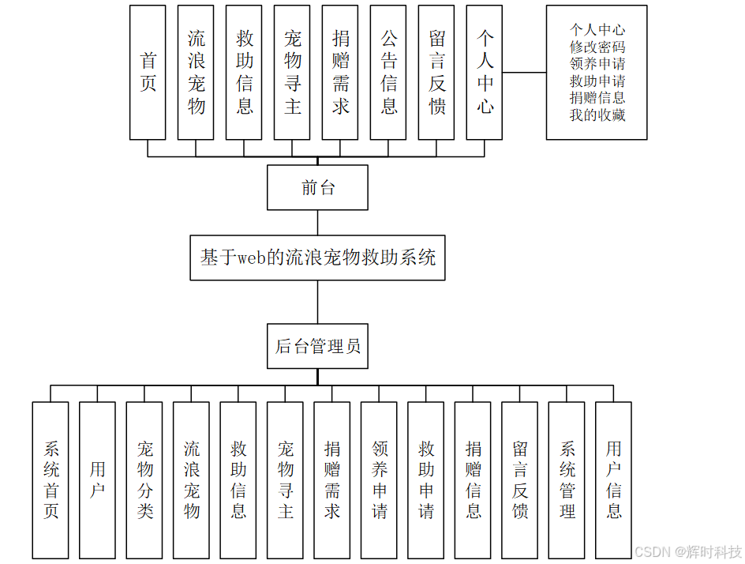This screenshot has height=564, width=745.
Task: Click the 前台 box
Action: tap(317, 187)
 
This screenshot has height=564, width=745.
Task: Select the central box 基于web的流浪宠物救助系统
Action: tap(317, 257)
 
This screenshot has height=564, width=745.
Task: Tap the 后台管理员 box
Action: tap(317, 346)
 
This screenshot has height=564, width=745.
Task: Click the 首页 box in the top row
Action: tap(148, 73)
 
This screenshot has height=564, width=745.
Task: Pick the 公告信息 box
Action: tap(388, 73)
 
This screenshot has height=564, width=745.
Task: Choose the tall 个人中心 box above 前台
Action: tap(485, 73)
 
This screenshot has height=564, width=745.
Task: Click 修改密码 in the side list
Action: tap(597, 47)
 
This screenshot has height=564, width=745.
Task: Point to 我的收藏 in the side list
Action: tap(597, 115)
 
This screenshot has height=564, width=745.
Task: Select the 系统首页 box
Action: tap(51, 480)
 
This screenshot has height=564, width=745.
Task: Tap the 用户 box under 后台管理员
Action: tap(97, 480)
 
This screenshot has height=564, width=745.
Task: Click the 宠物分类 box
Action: tap(144, 480)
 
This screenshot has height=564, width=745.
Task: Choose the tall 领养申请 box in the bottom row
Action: tap(379, 480)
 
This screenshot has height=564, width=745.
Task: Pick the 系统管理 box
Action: tap(567, 480)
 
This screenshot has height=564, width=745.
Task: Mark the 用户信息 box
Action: tap(613, 480)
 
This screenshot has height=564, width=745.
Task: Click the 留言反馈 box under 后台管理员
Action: tap(519, 480)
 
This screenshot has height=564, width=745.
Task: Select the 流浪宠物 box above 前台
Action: tap(196, 73)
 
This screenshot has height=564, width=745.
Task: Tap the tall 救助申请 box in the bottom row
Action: tap(425, 480)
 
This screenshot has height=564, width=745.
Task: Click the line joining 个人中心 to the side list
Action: tap(524, 73)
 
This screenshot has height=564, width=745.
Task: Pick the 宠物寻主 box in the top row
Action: tap(292, 73)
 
